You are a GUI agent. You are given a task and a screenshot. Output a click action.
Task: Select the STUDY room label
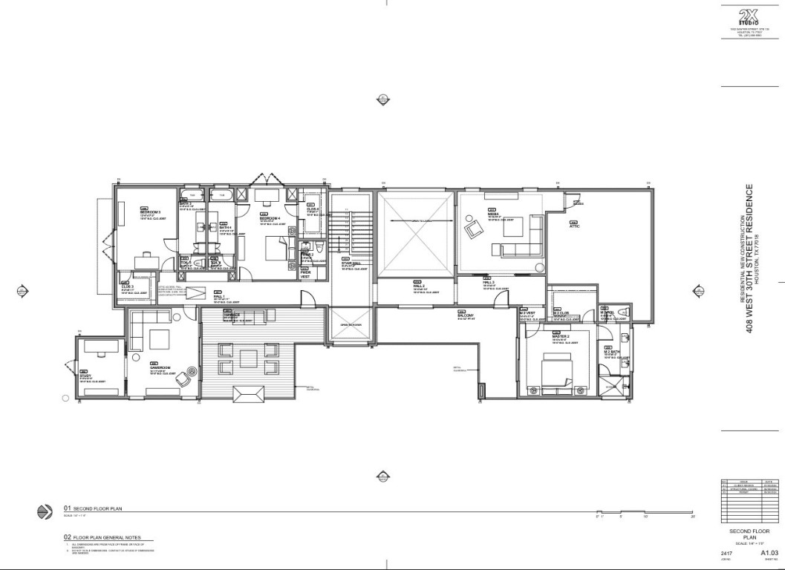[x=85, y=376]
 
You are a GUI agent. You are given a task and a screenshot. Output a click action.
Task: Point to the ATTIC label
[x=574, y=226]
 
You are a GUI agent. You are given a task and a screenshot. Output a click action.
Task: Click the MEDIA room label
[x=493, y=214]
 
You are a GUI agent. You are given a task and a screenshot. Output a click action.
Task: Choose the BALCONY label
[x=466, y=315]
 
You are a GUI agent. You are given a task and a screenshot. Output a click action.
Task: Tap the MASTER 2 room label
[x=560, y=336]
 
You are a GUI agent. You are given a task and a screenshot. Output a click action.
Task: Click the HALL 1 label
[x=218, y=296]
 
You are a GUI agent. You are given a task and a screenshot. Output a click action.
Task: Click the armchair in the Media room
[x=472, y=229]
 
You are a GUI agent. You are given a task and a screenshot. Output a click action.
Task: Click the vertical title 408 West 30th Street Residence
[x=749, y=259]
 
